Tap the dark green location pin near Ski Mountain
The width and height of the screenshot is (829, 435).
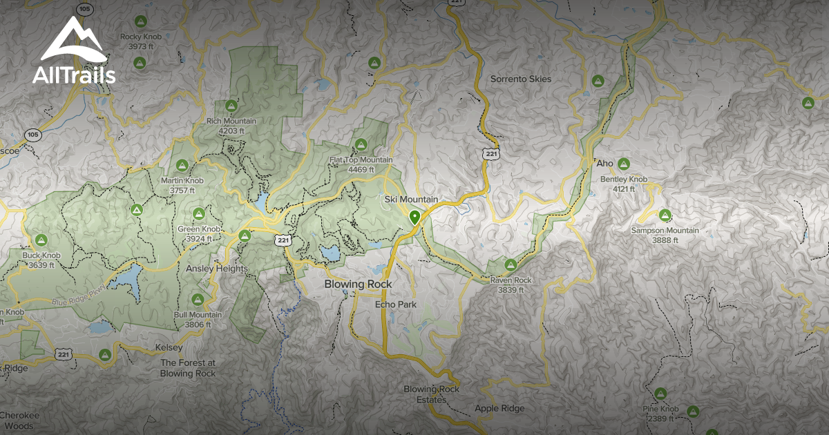tap(414, 218)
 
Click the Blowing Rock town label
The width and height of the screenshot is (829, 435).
tap(359, 284)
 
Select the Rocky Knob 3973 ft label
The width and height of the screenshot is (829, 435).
tap(140, 41)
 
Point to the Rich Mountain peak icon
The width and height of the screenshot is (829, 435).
tap(231, 106)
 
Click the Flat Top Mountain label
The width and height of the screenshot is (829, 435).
tap(361, 164)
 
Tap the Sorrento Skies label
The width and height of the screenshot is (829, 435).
tap(521, 79)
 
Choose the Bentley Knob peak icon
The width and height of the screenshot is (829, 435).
tap(623, 164)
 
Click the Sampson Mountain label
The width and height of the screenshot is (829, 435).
tap(665, 235)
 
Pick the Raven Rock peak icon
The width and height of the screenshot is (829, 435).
tap(511, 264)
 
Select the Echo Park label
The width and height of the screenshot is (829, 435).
tap(394, 304)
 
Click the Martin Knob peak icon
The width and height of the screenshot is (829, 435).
tap(182, 165)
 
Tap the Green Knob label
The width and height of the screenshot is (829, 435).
tap(199, 233)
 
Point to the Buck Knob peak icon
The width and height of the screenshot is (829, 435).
tap(41, 240)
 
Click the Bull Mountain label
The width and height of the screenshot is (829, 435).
tap(198, 319)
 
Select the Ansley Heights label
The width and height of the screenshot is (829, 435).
tap(217, 269)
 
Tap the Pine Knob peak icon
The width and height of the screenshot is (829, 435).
tap(660, 393)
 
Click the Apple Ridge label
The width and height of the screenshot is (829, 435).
tap(499, 408)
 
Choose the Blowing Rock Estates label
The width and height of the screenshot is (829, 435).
tap(432, 394)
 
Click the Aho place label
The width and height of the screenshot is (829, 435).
tap(604, 164)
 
